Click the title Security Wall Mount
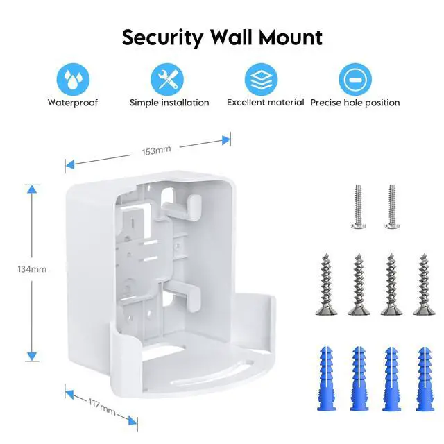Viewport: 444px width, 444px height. coord(222,37)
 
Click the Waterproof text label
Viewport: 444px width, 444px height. coord(72,103)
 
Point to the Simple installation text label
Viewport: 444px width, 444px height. coord(169,103)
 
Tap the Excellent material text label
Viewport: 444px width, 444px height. coord(265,103)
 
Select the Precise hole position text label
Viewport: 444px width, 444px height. coord(355,103)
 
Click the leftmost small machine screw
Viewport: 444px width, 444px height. coord(358,205)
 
